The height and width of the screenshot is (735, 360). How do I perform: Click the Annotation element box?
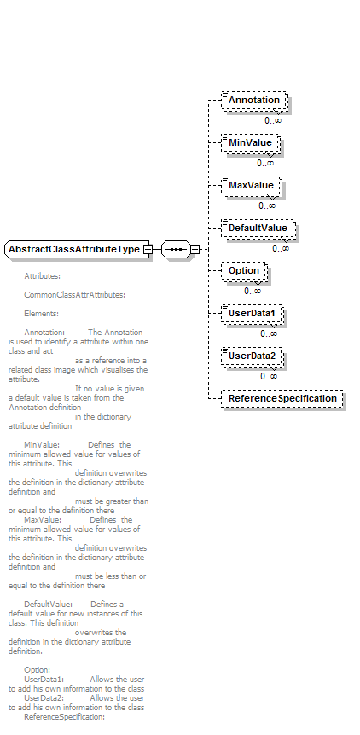coord(254,101)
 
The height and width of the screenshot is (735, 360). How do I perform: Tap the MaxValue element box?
coord(252,186)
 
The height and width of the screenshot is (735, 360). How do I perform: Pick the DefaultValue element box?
coord(258,229)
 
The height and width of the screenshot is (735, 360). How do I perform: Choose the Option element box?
coord(244,271)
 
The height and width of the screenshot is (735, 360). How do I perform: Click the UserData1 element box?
coord(253,314)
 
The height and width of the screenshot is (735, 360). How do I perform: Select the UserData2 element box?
coord(253,356)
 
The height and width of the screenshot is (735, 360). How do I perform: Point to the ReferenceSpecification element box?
coord(282,399)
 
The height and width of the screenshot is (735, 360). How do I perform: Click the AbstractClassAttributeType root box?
coord(77,249)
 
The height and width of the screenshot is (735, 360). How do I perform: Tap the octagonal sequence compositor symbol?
coord(177,249)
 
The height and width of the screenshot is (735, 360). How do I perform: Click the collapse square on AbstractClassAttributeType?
coord(148,249)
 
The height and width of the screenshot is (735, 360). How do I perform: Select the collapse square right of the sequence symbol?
coord(195,249)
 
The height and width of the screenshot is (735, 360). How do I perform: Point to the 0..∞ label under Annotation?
coord(273,120)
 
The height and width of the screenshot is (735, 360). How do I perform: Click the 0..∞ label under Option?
coord(253,291)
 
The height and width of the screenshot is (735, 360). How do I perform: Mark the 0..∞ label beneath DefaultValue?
coord(281,248)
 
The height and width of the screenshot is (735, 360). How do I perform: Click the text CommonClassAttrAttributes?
coord(74,295)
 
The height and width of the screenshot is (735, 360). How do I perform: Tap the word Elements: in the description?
coord(41,314)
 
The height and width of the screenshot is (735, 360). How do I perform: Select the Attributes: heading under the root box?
coord(42,276)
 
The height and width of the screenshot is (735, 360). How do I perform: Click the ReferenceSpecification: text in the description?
coord(64,717)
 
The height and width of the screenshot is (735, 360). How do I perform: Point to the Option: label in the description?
coord(37,670)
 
